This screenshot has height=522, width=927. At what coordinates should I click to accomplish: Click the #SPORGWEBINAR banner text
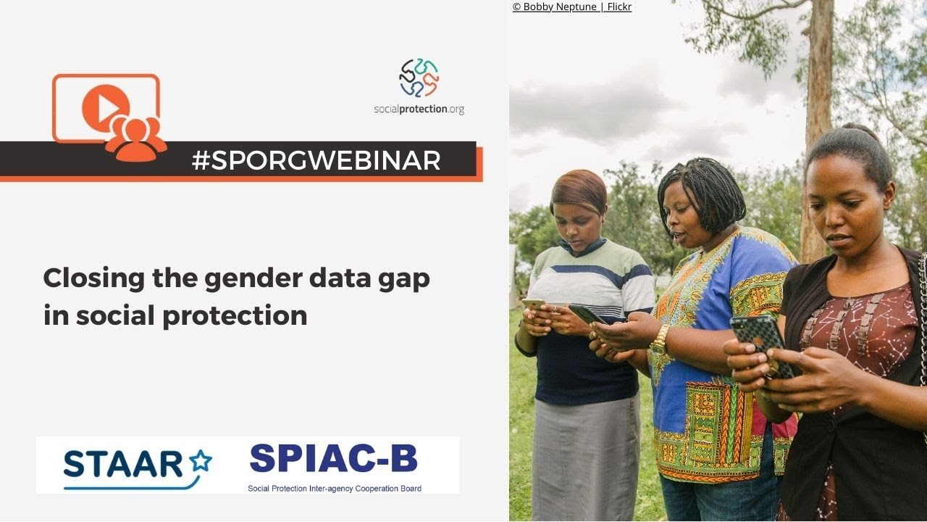click(x=316, y=160)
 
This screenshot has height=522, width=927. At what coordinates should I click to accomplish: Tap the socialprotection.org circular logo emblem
click(x=419, y=78)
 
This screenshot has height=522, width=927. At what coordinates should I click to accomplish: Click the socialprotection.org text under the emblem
click(x=419, y=109)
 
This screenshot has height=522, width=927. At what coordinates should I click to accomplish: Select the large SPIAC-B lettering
click(x=333, y=458)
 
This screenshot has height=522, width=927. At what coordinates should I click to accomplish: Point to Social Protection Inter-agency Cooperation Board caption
click(x=335, y=488)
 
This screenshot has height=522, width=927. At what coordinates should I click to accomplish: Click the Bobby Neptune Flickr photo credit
click(x=571, y=7)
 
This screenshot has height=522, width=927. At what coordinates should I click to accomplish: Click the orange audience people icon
click(x=135, y=137)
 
